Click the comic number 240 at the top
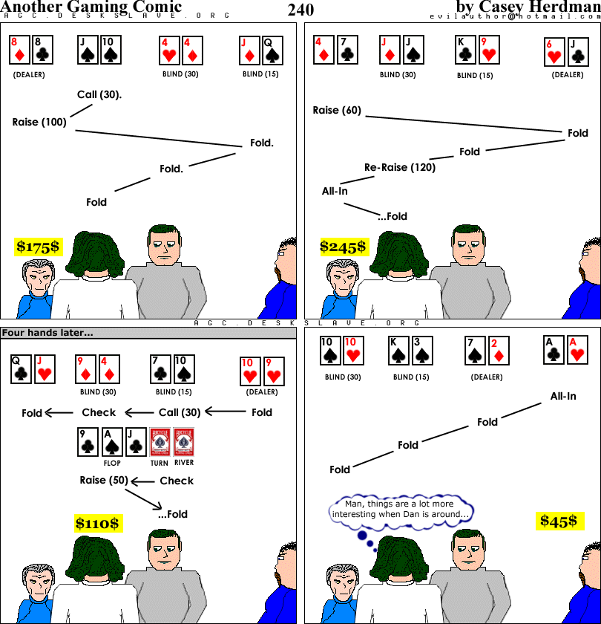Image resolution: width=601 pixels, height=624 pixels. [x=301, y=10]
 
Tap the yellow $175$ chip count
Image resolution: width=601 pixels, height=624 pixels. [x=38, y=247]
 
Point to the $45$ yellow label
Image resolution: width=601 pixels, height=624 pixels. [x=559, y=521]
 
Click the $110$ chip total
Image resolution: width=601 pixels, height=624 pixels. [x=98, y=523]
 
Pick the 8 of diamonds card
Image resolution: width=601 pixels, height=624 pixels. [x=20, y=50]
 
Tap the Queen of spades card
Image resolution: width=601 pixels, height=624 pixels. [x=272, y=51]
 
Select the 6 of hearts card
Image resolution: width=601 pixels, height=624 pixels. [x=554, y=52]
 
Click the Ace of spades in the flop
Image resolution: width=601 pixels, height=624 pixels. [x=112, y=442]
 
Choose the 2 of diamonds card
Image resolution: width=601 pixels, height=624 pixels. [x=499, y=351]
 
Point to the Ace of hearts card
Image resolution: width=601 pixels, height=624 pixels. [x=577, y=350]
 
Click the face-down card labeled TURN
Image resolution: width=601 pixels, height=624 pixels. [x=160, y=442]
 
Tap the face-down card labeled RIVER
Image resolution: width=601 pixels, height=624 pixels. [x=184, y=442]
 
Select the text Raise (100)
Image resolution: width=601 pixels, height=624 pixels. [x=39, y=122]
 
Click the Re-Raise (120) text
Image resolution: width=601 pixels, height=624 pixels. [x=400, y=167]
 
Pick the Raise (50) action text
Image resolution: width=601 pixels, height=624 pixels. [x=104, y=481]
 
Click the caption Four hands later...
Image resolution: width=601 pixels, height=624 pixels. [x=47, y=333]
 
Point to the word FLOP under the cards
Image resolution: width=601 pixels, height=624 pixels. [x=112, y=464]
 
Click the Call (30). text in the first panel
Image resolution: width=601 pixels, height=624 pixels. [x=99, y=95]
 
